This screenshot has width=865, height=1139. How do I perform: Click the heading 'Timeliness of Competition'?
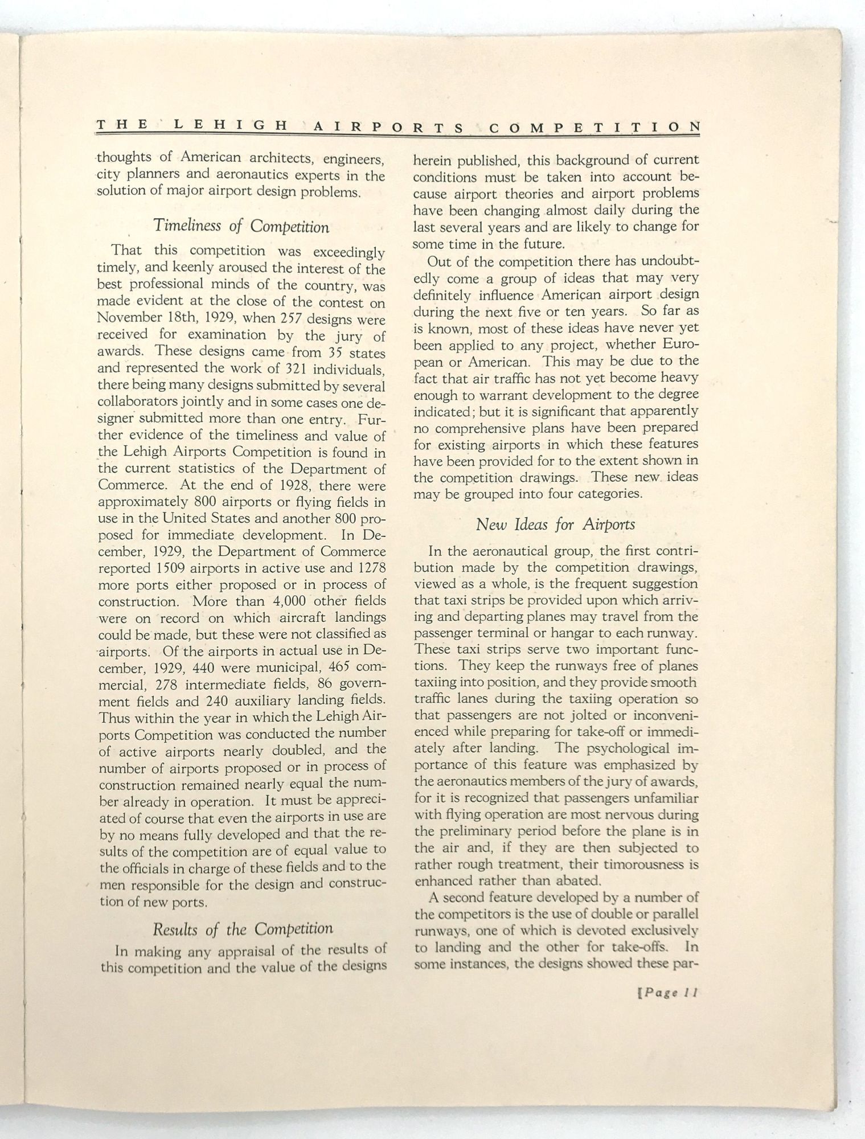241,227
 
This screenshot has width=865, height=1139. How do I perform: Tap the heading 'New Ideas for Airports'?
555,524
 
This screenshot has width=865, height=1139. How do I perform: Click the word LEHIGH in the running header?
230,126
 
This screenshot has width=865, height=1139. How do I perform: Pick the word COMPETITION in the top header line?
594,127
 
